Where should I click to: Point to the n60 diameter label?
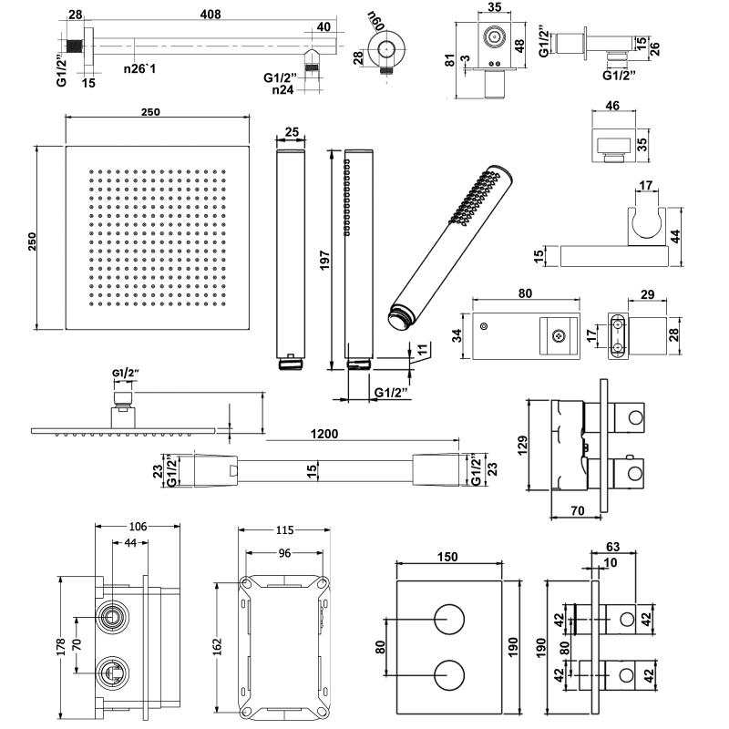tap(375, 19)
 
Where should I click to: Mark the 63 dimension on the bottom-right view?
tap(612, 547)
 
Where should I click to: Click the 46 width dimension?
tap(612, 107)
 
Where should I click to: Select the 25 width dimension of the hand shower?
tap(292, 132)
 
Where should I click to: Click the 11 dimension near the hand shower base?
tap(422, 348)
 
